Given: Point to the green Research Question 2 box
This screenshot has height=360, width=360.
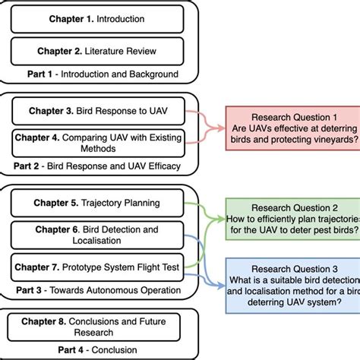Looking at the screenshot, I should coord(293,218).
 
